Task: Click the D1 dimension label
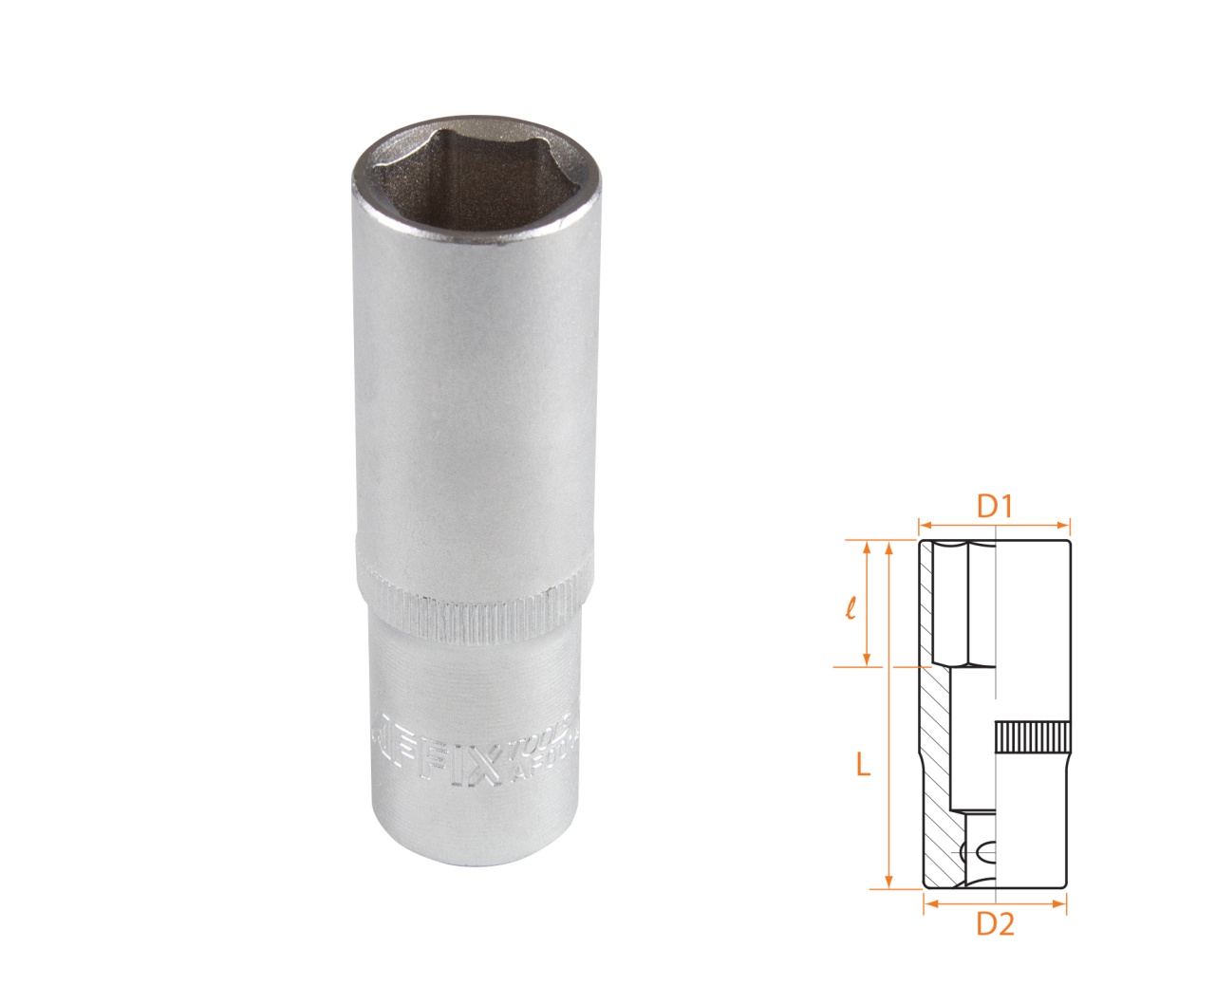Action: (993, 508)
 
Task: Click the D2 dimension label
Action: (995, 923)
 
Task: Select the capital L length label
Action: (862, 765)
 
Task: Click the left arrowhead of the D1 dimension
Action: (923, 523)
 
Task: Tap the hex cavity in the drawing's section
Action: (959, 603)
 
